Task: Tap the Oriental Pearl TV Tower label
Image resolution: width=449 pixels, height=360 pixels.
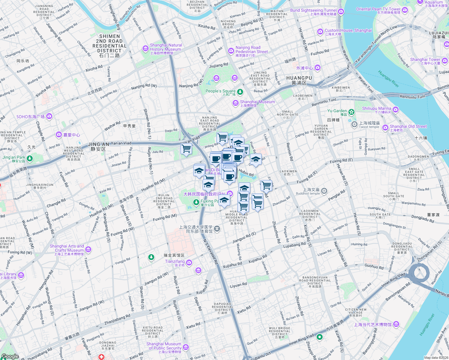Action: [378, 9]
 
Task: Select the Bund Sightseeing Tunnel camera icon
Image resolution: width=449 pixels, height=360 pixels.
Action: [341, 12]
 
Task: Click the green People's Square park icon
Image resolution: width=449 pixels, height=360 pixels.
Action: [240, 92]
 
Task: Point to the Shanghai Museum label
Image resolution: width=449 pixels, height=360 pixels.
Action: [257, 102]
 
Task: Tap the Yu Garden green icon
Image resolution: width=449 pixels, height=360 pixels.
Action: [351, 112]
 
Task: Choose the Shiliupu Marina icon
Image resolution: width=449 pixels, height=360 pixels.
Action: [396, 110]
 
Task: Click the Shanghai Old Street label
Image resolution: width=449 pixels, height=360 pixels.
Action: [408, 127]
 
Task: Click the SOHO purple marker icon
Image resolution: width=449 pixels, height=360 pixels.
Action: [49, 116]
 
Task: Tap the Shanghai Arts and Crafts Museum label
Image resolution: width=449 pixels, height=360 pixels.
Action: [67, 248]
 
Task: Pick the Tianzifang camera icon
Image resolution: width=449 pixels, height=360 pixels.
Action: [189, 263]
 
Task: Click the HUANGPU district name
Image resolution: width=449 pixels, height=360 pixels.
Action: [299, 78]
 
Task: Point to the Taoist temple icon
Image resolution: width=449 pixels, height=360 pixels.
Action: [354, 124]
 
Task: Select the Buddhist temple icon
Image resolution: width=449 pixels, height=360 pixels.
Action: [324, 191]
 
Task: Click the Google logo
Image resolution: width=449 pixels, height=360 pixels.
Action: [10, 356]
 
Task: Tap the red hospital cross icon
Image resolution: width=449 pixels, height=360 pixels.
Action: [101, 357]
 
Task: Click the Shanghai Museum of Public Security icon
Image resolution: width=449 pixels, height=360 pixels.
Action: [186, 347]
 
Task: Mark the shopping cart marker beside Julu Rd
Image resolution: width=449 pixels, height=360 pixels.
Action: [186, 148]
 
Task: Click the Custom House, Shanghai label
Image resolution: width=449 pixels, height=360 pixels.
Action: [348, 31]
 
